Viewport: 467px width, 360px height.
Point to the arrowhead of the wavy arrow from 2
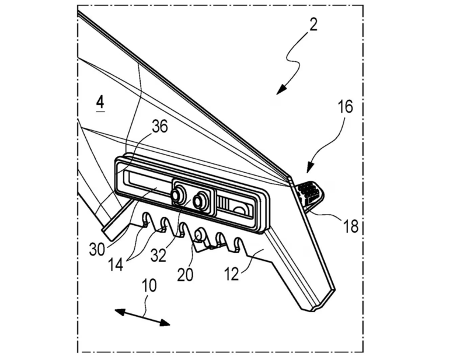[x=280, y=90]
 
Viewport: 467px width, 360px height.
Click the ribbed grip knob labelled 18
[x=309, y=191]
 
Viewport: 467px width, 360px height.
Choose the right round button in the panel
[x=201, y=200]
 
